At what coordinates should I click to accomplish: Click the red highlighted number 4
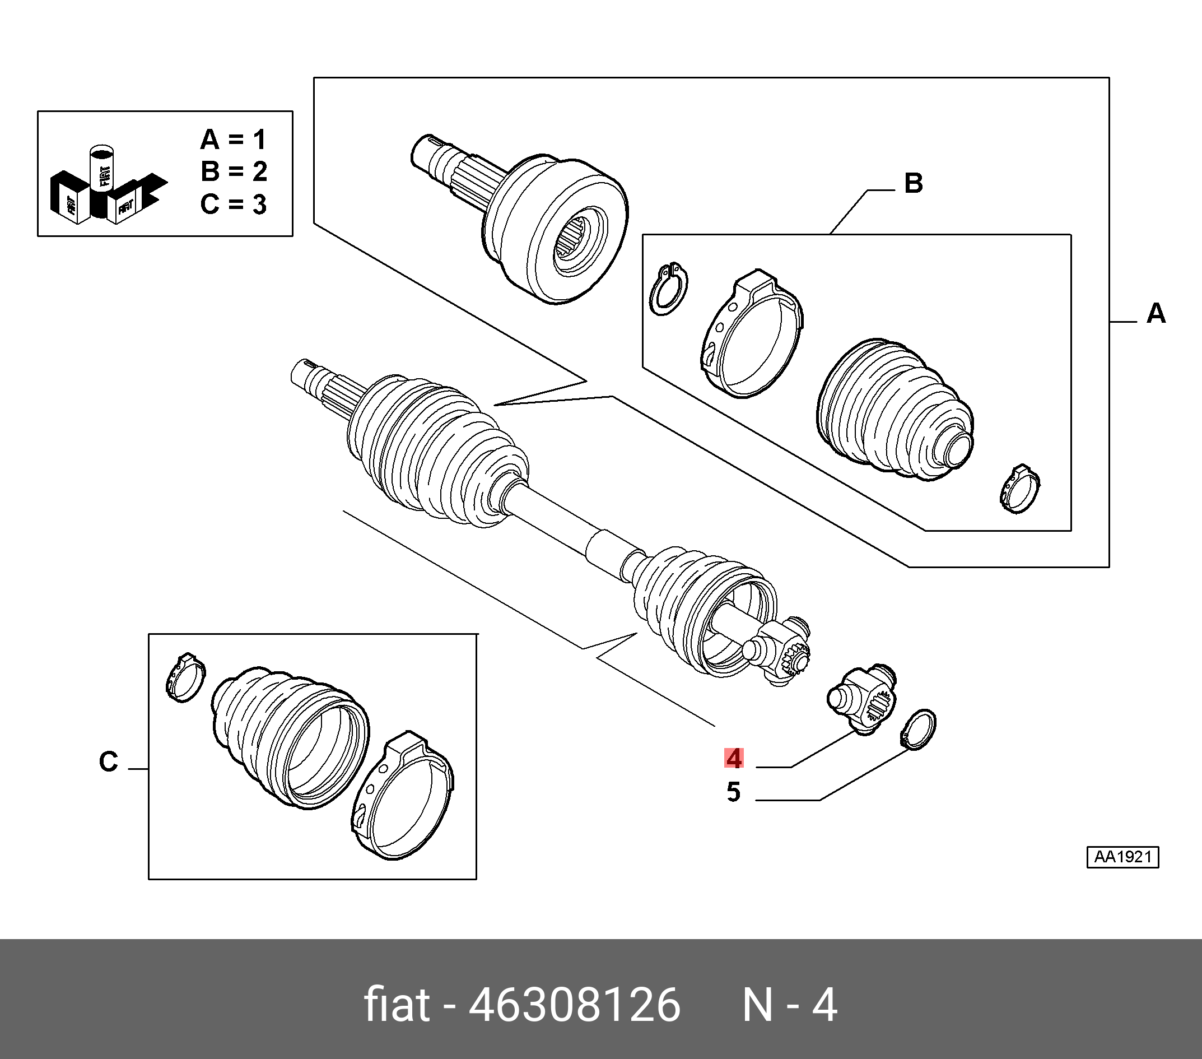point(734,758)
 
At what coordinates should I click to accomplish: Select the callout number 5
point(733,792)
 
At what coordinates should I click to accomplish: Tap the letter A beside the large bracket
point(1156,313)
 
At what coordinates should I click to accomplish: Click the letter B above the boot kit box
point(913,183)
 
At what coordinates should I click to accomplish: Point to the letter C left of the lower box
point(109,762)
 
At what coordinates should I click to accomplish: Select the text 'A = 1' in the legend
point(233,140)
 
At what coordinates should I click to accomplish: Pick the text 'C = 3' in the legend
point(233,204)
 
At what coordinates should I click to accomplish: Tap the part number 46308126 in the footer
point(575,1005)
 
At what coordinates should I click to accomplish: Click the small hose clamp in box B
point(1021,489)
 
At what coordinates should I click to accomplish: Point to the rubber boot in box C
point(290,738)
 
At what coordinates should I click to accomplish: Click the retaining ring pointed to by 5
point(919,730)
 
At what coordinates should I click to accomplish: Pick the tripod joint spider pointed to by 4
point(862,699)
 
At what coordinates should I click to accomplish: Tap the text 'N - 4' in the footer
point(790,1005)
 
